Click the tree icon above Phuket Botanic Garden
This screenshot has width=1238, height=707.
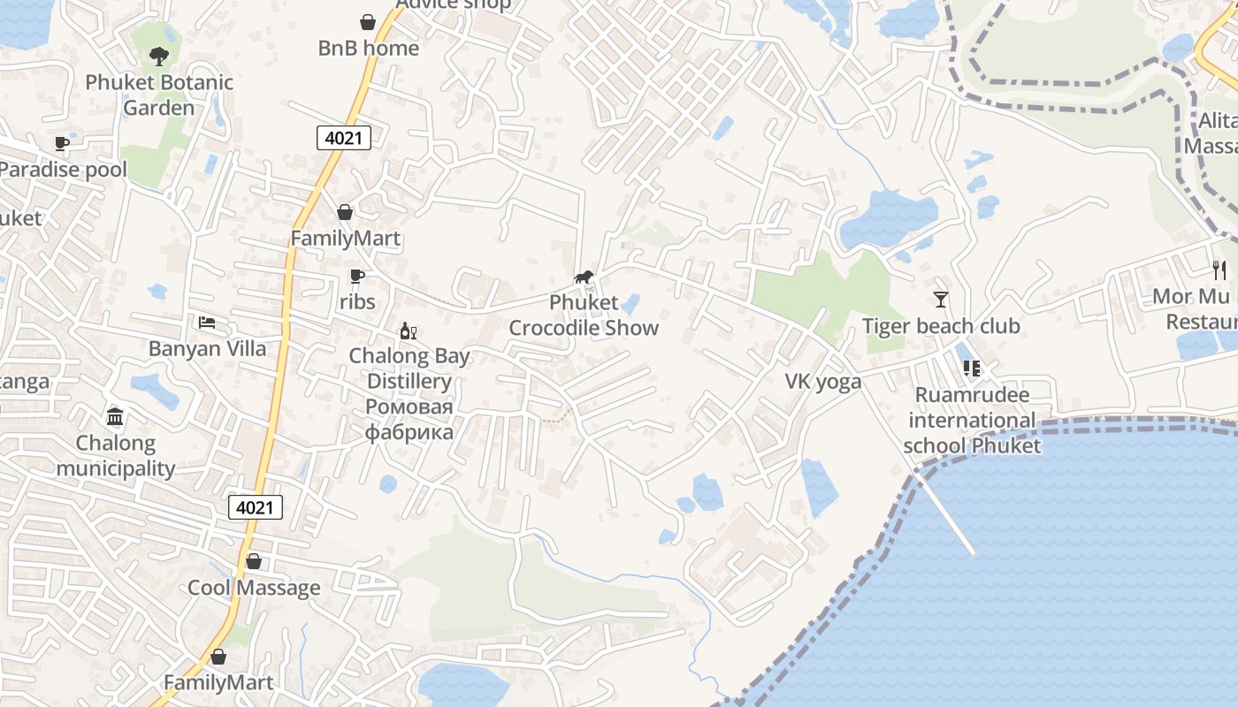159,57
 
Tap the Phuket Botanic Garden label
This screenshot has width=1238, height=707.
159,95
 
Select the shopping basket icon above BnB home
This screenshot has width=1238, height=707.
368,22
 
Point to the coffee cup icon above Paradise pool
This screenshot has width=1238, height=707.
61,143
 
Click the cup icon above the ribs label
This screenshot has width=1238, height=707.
357,277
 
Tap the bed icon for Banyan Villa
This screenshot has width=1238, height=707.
207,323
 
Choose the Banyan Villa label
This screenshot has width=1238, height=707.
207,348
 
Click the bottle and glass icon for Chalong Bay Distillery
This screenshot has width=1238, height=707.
408,331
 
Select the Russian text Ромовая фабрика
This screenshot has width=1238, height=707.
409,420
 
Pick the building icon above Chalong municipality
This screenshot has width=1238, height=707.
115,416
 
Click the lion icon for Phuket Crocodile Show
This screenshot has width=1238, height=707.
584,277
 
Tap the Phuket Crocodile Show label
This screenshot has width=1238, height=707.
584,315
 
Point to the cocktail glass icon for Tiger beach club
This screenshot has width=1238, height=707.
940,300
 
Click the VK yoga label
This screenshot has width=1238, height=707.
823,382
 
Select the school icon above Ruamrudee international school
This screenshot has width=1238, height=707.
972,369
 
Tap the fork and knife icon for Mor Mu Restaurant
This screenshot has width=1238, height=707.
1220,270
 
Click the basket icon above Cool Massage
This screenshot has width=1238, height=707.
254,561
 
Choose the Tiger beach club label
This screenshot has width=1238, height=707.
941,326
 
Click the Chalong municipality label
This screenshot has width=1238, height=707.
115,455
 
